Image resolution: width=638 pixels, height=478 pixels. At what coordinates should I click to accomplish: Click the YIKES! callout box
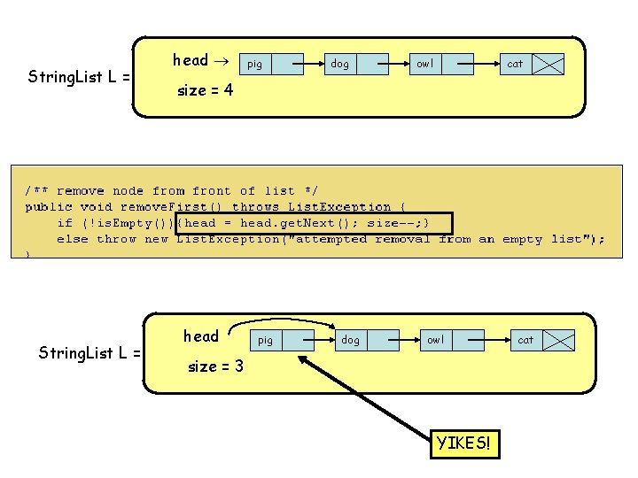463,443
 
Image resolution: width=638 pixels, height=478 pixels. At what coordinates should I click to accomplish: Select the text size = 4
206,89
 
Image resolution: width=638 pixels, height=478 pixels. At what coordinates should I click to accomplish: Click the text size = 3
215,366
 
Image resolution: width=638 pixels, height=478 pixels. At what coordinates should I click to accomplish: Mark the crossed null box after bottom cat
560,340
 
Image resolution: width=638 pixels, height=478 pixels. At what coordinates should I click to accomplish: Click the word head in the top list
190,60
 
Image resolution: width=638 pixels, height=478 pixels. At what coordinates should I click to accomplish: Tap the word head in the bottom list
200,335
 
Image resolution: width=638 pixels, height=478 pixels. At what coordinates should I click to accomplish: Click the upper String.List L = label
79,77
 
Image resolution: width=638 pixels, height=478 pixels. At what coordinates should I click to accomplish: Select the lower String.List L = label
89,353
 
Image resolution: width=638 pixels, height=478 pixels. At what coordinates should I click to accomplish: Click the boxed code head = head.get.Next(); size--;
314,223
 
